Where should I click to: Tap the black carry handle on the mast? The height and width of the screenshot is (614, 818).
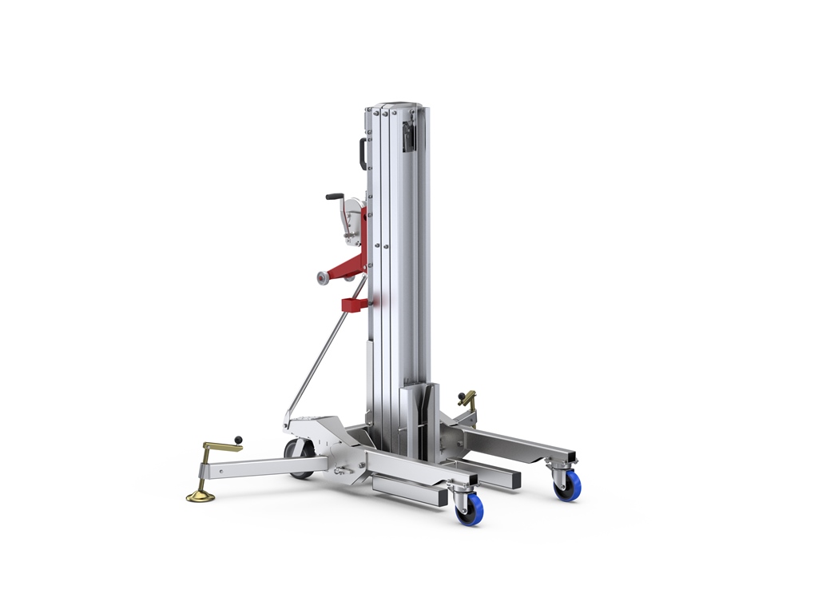(362, 153)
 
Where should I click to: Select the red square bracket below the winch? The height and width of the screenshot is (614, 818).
(353, 305)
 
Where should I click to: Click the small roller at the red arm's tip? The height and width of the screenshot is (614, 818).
(323, 277)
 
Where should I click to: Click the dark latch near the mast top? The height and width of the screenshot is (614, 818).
(409, 137)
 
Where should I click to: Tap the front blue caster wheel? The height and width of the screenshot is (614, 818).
(469, 509)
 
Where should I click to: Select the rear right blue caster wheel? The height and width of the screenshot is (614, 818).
(568, 485)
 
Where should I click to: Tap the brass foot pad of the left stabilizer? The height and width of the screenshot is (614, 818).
(201, 497)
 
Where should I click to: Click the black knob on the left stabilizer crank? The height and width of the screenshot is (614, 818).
(237, 438)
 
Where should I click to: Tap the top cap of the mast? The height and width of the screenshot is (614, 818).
(396, 106)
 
